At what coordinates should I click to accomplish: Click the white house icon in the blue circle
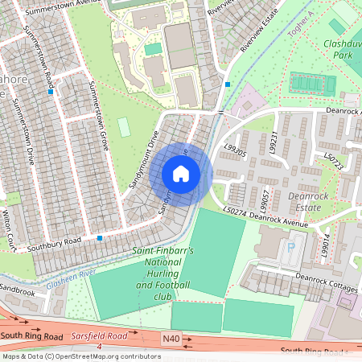point(181,174)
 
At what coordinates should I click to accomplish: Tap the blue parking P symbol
point(290,247)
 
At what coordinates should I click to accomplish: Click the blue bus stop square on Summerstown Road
point(51,93)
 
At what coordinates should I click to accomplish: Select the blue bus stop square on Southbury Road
point(100,238)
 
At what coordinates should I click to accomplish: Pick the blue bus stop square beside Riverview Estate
point(228,84)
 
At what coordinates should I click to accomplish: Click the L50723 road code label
point(335,158)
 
